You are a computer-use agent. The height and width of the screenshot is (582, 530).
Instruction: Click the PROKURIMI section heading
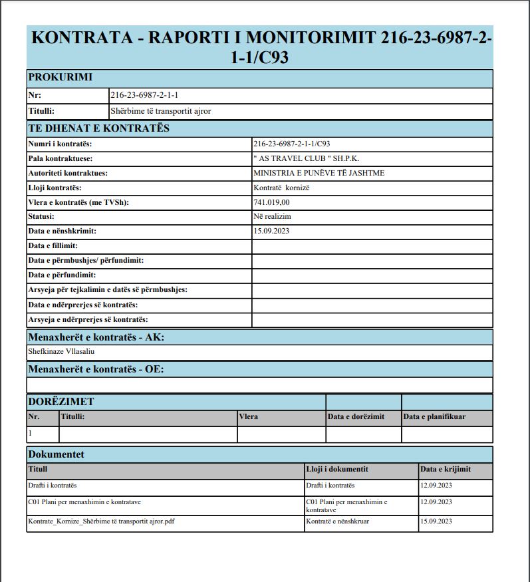60,77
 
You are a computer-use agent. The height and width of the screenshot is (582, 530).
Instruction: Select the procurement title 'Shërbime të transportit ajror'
160,111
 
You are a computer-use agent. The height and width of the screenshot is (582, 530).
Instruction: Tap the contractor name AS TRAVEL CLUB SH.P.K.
307,158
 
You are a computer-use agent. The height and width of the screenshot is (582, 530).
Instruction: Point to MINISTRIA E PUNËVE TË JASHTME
319,173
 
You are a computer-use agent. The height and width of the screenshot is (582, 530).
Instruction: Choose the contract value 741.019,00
272,202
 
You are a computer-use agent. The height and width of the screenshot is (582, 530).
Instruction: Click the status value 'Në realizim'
273,217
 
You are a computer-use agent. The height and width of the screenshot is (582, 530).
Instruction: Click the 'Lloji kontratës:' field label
55,188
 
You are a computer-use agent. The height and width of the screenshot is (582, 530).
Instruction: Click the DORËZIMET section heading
61,402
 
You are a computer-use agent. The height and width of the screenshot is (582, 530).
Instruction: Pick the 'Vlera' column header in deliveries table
249,417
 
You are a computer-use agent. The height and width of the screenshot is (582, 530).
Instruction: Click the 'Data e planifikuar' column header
434,417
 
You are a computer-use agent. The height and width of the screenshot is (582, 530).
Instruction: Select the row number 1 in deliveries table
30,432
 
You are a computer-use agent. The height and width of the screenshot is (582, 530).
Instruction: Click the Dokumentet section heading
56,454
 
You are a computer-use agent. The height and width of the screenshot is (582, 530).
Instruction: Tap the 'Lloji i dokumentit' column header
337,469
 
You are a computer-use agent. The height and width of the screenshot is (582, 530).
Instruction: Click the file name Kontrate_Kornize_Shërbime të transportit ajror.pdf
101,521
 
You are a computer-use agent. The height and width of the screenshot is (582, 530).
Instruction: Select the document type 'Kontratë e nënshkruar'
338,521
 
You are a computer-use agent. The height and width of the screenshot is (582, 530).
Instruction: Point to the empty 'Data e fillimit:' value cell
372,246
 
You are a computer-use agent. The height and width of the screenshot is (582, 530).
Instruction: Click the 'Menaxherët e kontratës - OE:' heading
96,369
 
